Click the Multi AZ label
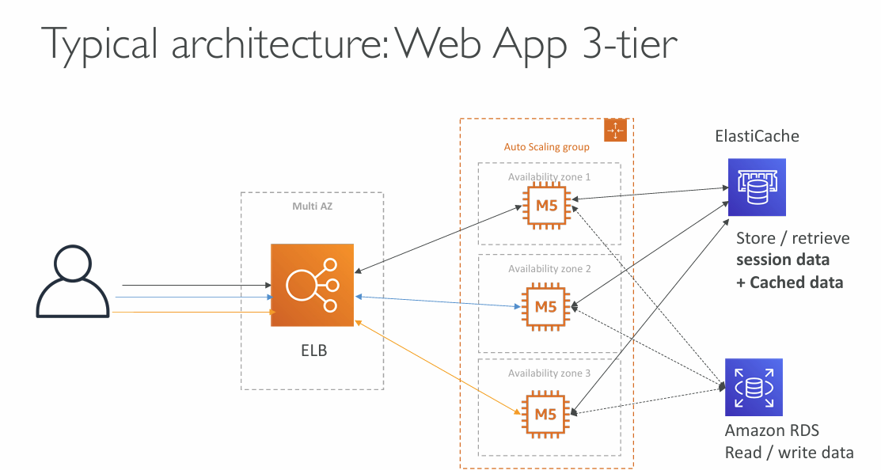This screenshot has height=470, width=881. click(x=312, y=207)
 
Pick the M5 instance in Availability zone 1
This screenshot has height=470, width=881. click(x=545, y=207)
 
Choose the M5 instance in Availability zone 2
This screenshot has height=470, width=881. click(x=545, y=307)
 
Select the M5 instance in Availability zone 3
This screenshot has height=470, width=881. click(x=545, y=414)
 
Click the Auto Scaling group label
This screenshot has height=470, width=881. click(x=546, y=147)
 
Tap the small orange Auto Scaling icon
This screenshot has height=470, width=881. click(x=615, y=131)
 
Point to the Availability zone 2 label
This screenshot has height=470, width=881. click(x=549, y=269)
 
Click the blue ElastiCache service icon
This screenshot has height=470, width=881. click(x=756, y=187)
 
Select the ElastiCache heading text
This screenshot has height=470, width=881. click(x=757, y=136)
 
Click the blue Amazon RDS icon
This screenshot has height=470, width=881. click(x=754, y=387)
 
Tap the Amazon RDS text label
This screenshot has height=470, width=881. click(x=772, y=430)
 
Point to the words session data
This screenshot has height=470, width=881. click(x=783, y=260)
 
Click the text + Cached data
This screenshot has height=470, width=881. click(x=789, y=282)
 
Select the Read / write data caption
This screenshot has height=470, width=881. click(x=789, y=453)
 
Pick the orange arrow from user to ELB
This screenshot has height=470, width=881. click(x=193, y=313)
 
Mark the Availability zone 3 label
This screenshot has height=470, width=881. click(x=549, y=373)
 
